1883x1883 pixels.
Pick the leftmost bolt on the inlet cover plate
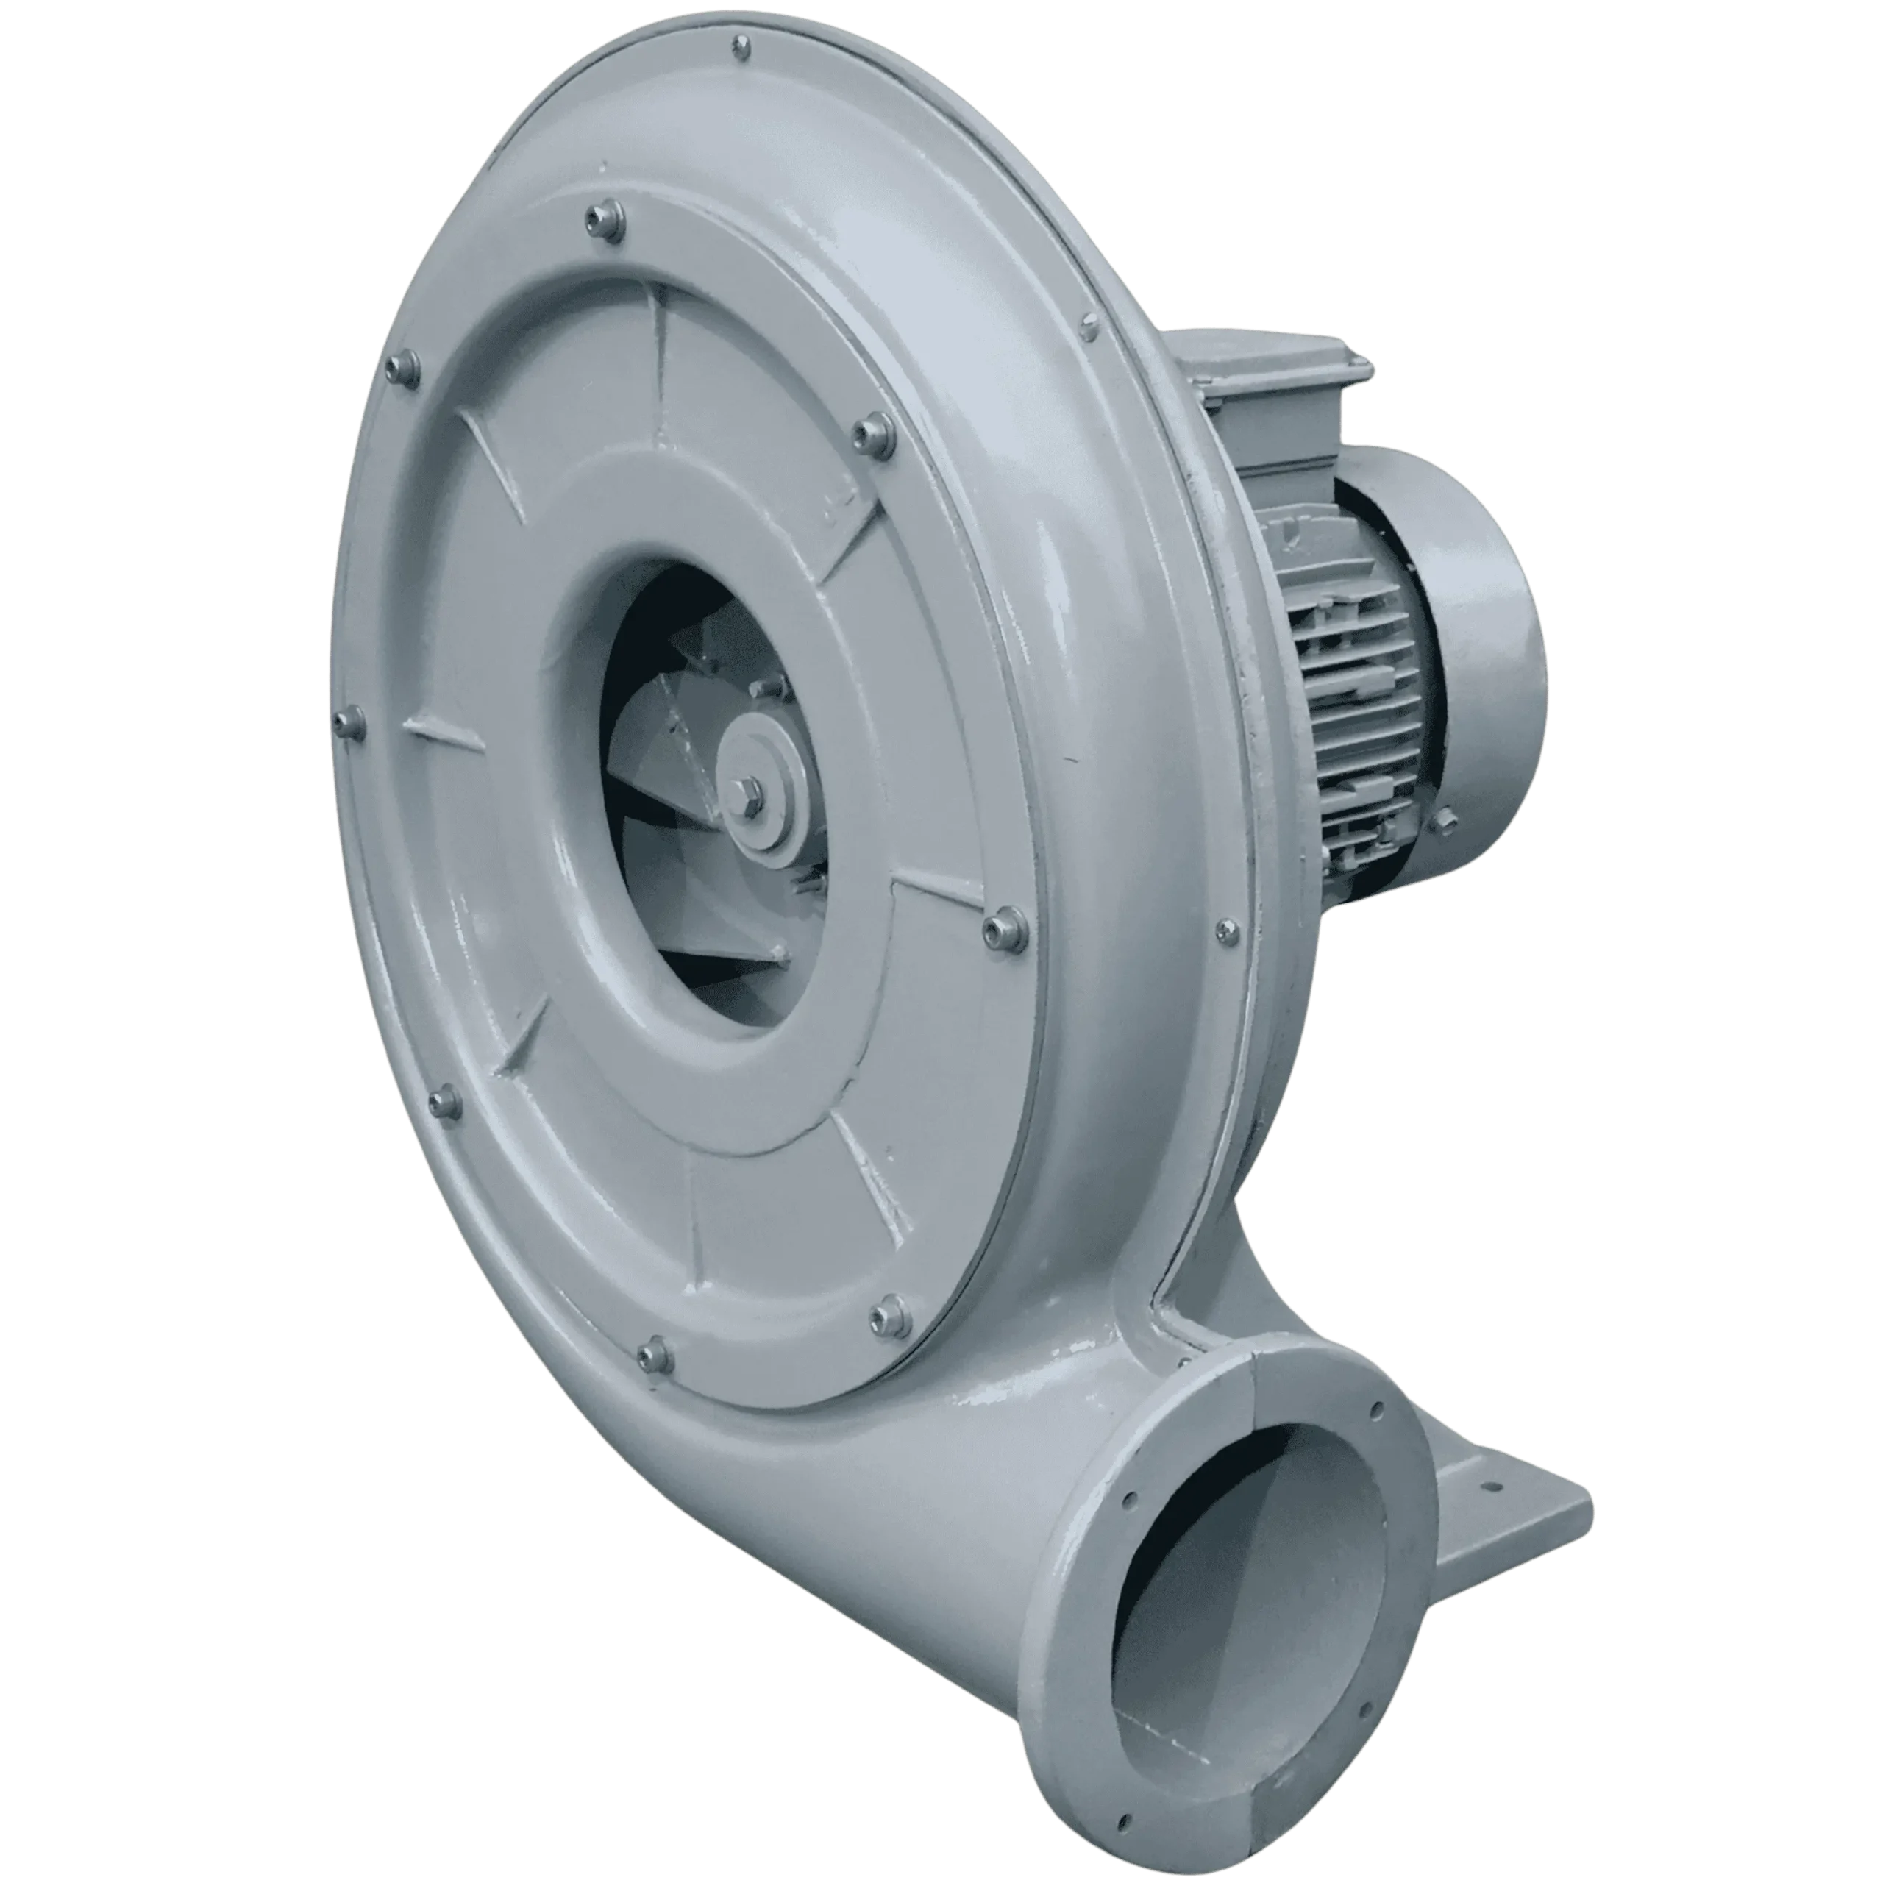click(x=349, y=722)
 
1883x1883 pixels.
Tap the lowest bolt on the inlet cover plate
click(x=655, y=1353)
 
